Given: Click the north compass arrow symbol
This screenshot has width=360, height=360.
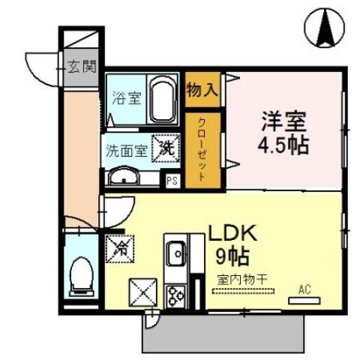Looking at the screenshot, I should [328, 25].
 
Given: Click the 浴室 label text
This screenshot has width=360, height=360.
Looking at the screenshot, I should [126, 97].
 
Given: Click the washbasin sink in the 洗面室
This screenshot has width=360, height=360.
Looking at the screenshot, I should [122, 178].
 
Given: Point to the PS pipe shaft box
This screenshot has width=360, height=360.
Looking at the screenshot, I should [172, 179].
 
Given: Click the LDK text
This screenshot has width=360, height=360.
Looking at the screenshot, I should [232, 233].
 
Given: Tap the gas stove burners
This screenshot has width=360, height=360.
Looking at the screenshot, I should [177, 295].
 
